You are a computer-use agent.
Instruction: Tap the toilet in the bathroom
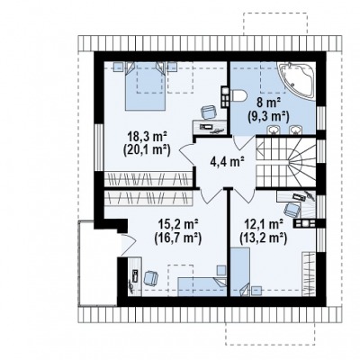click(x=238, y=95)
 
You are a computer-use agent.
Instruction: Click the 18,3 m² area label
click(x=147, y=137)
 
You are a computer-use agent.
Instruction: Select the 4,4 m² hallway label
click(x=227, y=162)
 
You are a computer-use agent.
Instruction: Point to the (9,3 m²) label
click(x=268, y=116)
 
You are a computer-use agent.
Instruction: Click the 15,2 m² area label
click(x=177, y=224)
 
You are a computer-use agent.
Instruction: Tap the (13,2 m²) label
click(x=262, y=238)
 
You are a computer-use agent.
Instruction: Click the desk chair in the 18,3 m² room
click(x=208, y=112)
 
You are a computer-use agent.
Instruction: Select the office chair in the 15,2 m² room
click(x=151, y=278)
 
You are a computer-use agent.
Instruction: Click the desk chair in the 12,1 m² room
click(x=292, y=210)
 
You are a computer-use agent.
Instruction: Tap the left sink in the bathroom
click(x=274, y=130)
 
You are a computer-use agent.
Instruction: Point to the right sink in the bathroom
click(x=295, y=130)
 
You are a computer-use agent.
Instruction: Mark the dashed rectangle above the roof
click(x=275, y=24)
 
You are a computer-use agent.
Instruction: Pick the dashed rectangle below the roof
click(x=270, y=334)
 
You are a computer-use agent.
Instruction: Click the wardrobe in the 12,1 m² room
click(x=309, y=273)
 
